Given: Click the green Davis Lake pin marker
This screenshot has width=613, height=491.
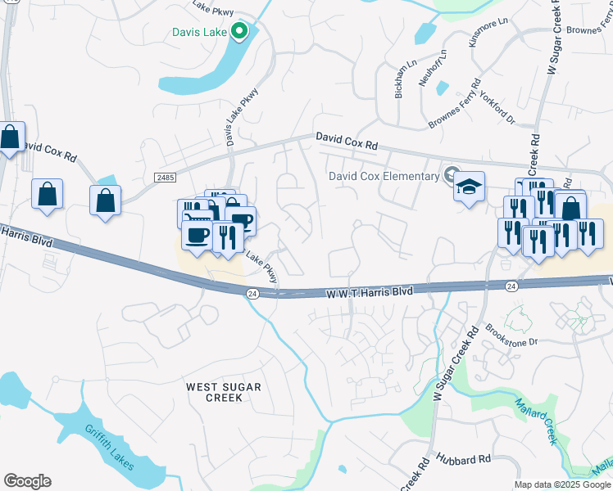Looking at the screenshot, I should pos(239,32).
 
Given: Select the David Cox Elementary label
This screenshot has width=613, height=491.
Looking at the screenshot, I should pos(384,176).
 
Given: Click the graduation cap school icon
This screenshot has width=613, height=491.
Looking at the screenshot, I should pos(470,187).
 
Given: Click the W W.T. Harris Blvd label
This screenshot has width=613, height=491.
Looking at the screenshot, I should pos(368,291).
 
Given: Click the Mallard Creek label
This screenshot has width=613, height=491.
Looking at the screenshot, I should pos(536,421).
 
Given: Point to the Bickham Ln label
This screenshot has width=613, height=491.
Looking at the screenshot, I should pos(401,81).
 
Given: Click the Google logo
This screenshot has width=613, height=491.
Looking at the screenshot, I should pos(27,480).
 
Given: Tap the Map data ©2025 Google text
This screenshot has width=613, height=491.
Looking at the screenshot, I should pos(561,484).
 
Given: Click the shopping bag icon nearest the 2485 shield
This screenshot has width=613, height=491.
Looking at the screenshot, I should pos(106,200).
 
